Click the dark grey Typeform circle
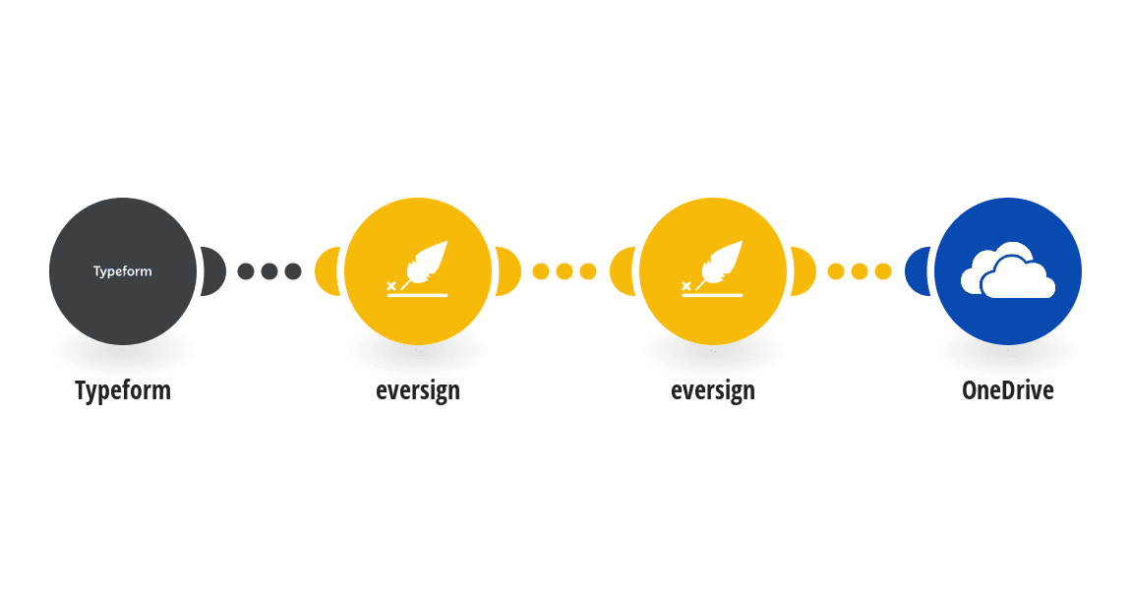123,271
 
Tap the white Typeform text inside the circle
123,271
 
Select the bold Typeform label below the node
123,390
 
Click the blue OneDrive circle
1008,271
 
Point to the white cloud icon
1008,270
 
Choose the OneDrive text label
1008,390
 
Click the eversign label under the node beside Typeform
418,390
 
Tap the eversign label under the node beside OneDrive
713,390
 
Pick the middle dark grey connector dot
269,271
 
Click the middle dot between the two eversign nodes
565,271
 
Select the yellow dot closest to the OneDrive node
883,271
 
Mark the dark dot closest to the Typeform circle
246,271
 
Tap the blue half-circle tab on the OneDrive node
918,271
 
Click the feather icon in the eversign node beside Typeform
426,264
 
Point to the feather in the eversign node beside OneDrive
721,264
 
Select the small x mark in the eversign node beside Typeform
391,286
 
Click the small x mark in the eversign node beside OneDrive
685,286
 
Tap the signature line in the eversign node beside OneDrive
713,296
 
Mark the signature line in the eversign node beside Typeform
418,296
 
